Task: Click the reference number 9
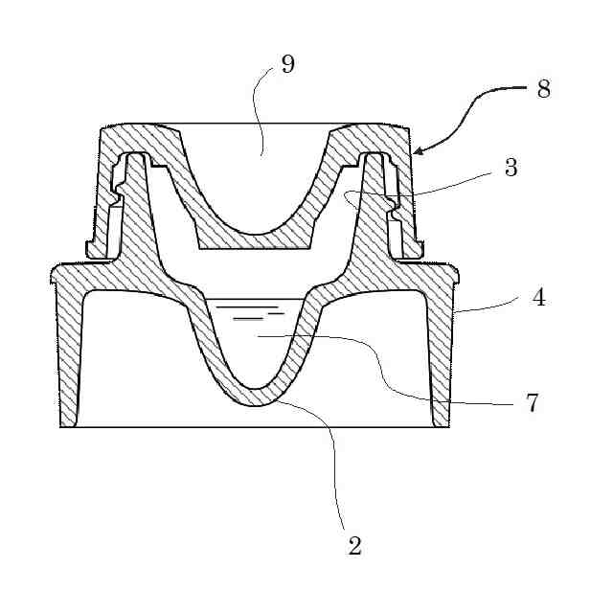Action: [x=287, y=64]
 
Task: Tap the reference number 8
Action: [x=544, y=89]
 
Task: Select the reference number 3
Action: [x=511, y=168]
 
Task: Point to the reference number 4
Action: [x=539, y=298]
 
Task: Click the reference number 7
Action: [x=533, y=402]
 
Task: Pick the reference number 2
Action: [x=354, y=546]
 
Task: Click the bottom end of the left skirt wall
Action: [x=69, y=424]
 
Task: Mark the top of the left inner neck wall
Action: [x=137, y=155]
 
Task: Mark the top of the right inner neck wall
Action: [x=372, y=155]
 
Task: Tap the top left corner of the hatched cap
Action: [x=105, y=130]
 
